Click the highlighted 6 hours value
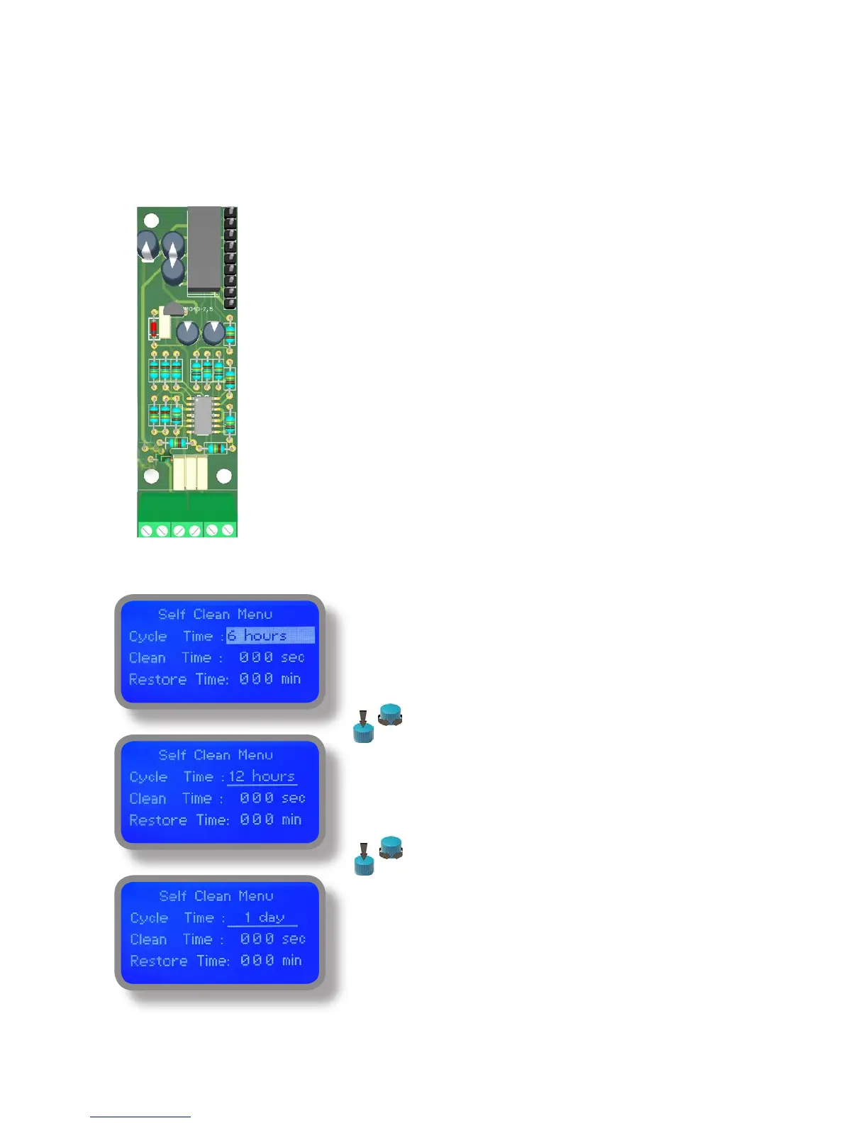269,635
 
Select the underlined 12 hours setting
262,776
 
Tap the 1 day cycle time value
263,917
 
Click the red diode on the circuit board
152,329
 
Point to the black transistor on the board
173,308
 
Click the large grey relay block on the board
204,248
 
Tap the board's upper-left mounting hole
151,220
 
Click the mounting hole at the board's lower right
224,476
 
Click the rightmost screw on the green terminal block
228,530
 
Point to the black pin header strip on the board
230,257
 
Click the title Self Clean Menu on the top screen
215,614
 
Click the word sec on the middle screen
293,798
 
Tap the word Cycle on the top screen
148,636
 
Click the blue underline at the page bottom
140,1117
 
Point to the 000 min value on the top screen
269,678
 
